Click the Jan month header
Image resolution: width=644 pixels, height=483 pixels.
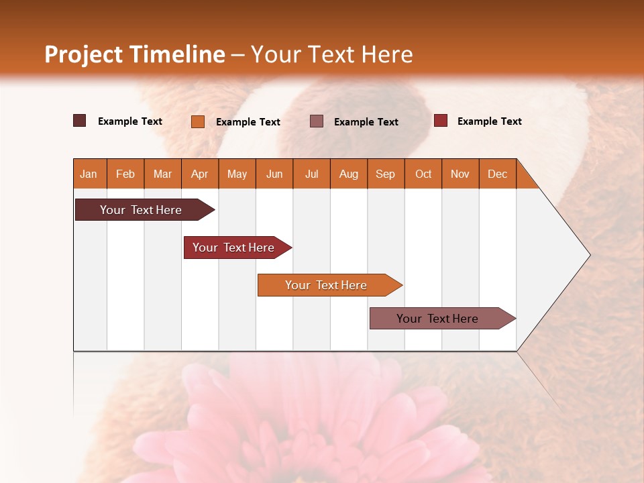[x=89, y=174]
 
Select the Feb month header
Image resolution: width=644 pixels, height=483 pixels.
[x=125, y=174]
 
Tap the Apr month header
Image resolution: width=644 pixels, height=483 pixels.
[x=199, y=174]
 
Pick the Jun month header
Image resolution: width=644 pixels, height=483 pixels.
[x=274, y=174]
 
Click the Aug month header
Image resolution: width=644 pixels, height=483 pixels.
[x=348, y=174]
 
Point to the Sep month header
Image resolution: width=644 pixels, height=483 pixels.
[x=385, y=174]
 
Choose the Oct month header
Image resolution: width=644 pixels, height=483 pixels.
[x=423, y=174]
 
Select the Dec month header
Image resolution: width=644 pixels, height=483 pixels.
[x=497, y=174]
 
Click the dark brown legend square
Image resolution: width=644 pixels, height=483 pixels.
[x=80, y=121]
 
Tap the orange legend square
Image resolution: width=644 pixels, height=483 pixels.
[x=198, y=121]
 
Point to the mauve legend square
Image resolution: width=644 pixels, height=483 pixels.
[x=317, y=121]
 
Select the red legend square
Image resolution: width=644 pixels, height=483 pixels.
[x=441, y=121]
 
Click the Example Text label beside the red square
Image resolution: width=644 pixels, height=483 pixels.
[x=489, y=121]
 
